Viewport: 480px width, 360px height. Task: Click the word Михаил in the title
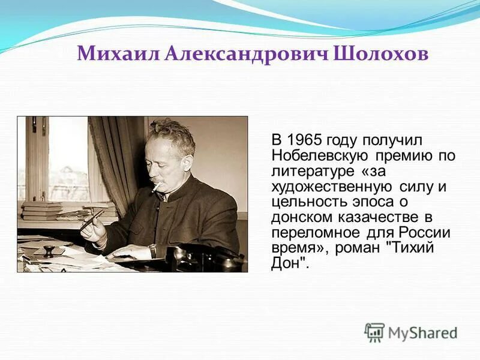point(118,55)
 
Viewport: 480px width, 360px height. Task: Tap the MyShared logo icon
point(374,332)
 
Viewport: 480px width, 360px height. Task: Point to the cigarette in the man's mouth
point(157,188)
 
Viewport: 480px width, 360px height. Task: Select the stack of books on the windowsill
point(42,211)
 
